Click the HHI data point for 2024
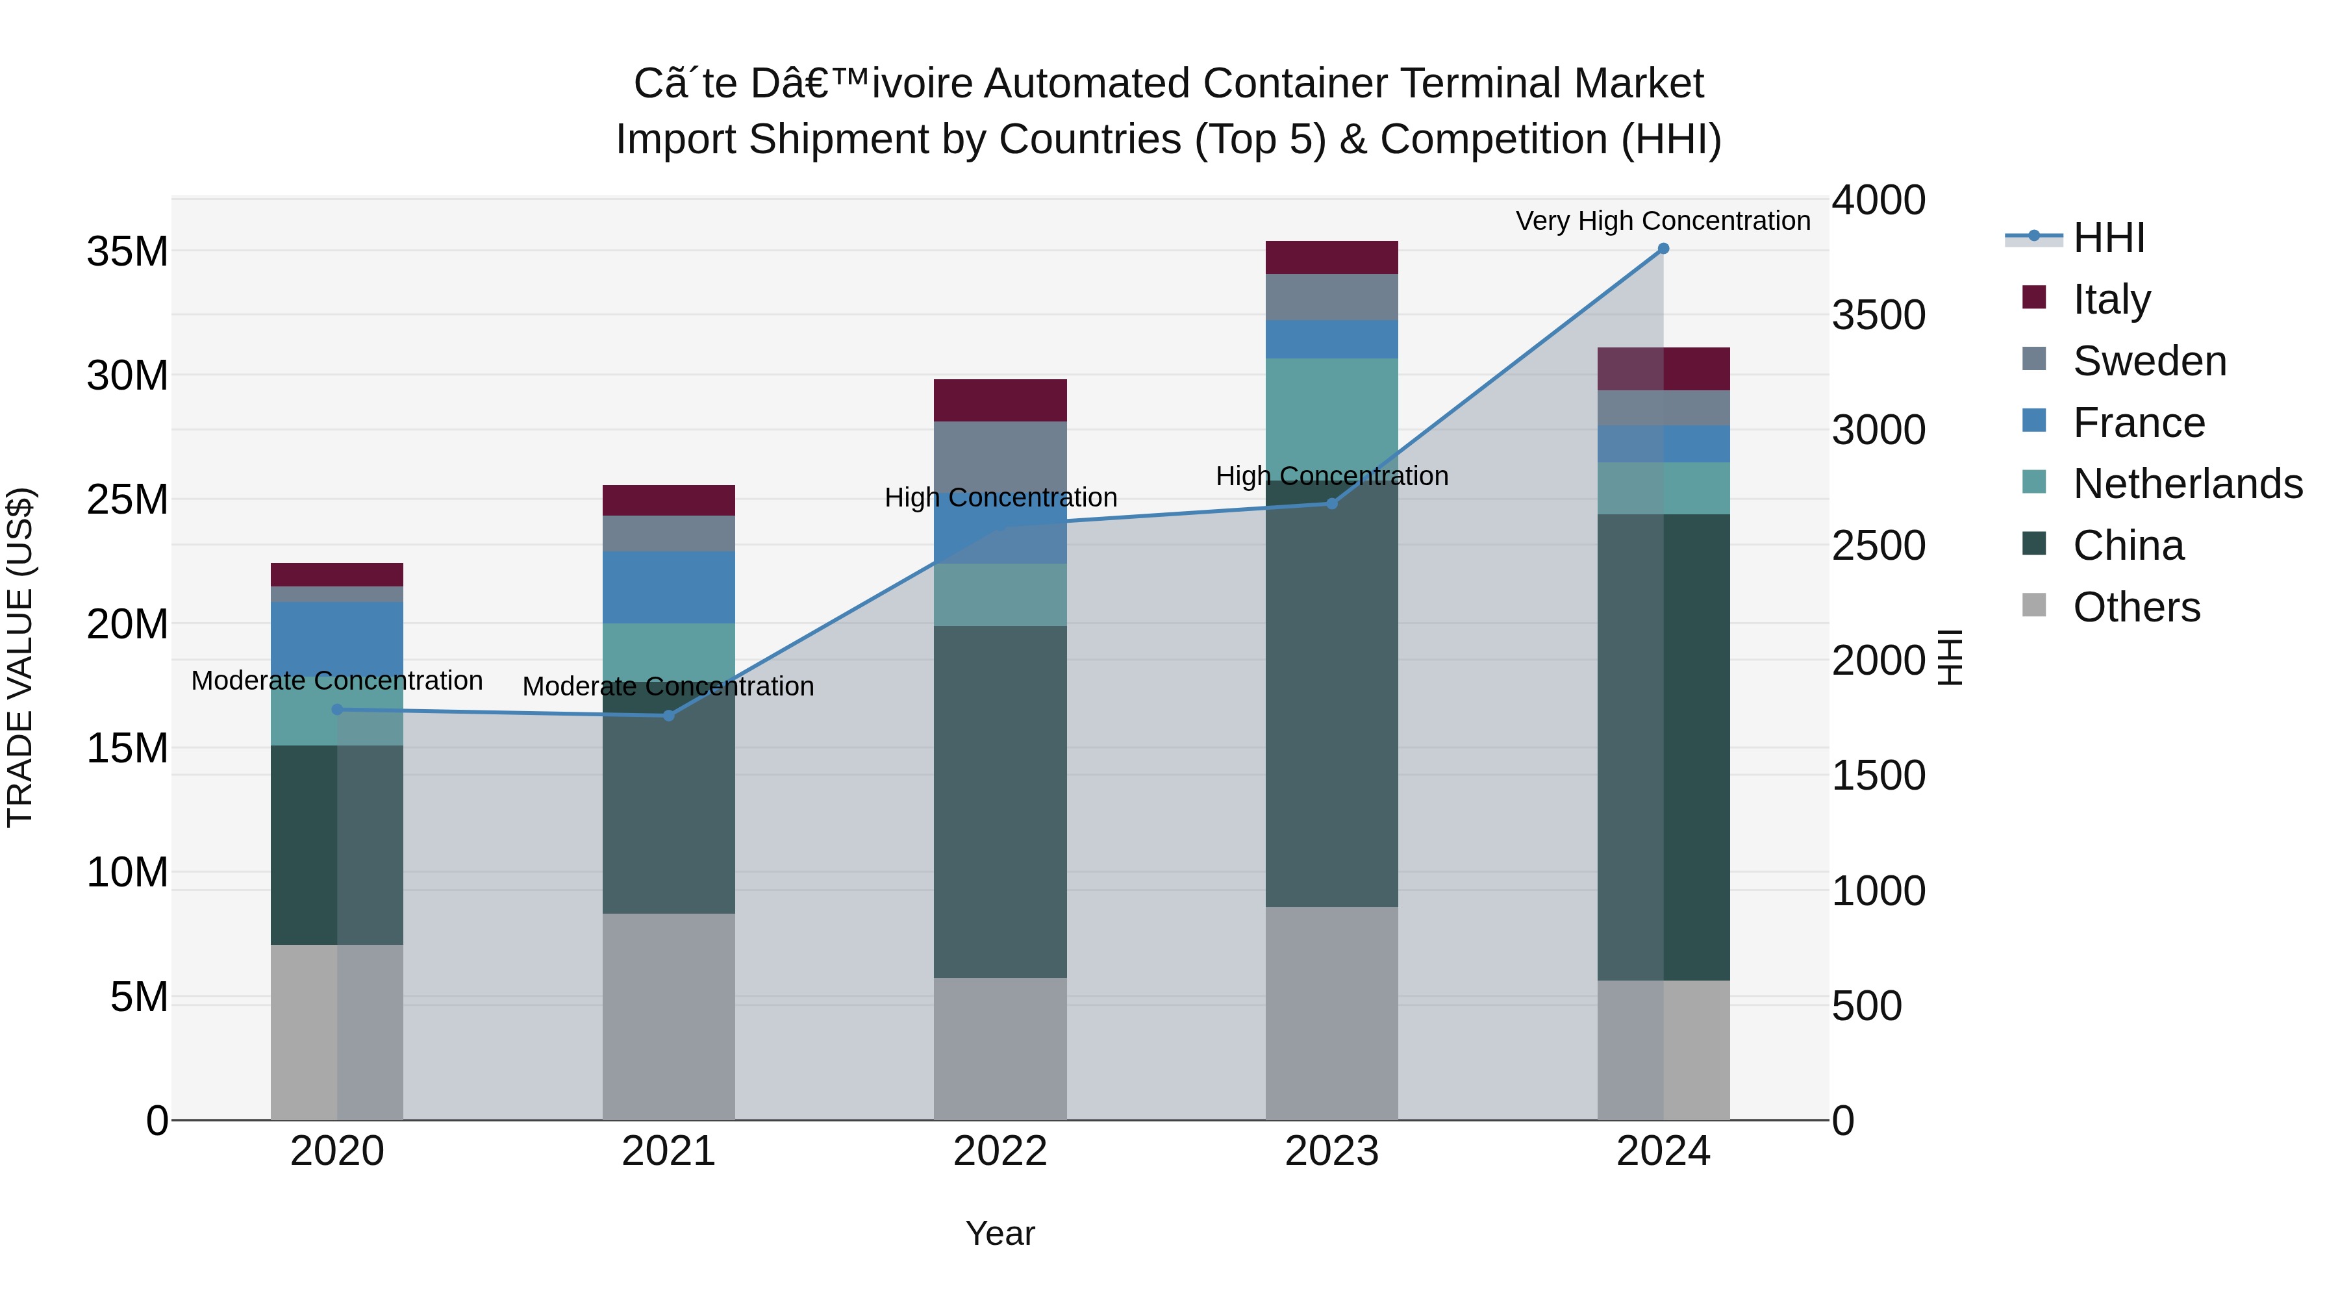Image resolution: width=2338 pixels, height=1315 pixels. (x=1663, y=248)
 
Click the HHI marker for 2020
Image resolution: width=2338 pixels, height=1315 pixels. (x=338, y=710)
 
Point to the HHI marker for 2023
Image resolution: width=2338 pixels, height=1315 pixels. (x=1331, y=504)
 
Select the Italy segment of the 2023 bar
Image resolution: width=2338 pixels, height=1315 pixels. (x=1331, y=258)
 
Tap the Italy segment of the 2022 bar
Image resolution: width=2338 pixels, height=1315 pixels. (x=1000, y=400)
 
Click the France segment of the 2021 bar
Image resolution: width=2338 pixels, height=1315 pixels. (x=669, y=587)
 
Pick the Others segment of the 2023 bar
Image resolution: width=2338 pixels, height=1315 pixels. (x=1331, y=1013)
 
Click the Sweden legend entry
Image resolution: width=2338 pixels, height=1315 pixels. (x=2149, y=361)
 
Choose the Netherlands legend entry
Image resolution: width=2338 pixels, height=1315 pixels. (x=2187, y=484)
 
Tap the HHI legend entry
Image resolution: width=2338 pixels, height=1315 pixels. (x=2108, y=238)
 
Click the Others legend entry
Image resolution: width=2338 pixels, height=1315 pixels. (x=2135, y=607)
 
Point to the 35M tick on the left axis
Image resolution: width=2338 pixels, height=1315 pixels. (x=127, y=251)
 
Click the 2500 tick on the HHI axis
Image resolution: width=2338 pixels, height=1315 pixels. (x=1878, y=545)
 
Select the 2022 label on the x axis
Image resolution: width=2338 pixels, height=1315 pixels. (x=1000, y=1151)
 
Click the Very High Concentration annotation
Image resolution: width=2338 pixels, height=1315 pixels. (x=1663, y=221)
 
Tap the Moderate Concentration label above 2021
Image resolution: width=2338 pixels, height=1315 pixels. (x=668, y=686)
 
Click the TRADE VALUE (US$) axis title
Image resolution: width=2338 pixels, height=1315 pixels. (x=20, y=657)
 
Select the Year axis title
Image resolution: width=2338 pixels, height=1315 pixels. (x=1000, y=1233)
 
